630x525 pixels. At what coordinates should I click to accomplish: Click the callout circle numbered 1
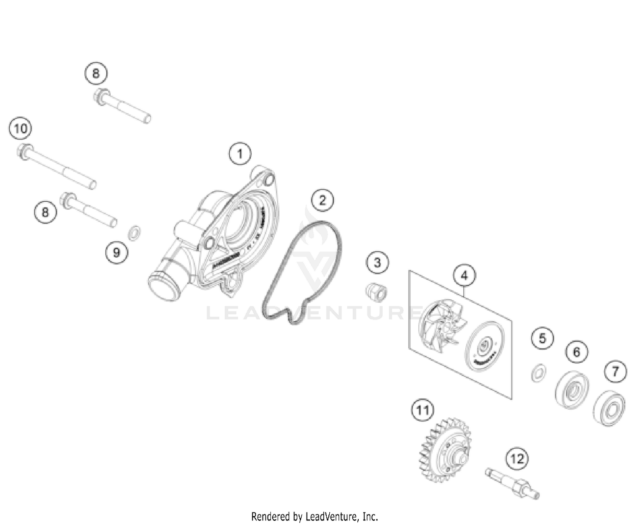click(x=240, y=154)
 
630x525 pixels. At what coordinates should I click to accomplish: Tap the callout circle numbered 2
click(x=322, y=200)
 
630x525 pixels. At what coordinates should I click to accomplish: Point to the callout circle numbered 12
click(x=517, y=459)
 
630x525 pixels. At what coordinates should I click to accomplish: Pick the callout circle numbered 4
click(x=464, y=275)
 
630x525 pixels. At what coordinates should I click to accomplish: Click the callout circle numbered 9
click(x=116, y=252)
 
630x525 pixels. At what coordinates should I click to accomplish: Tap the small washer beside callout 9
click(x=134, y=233)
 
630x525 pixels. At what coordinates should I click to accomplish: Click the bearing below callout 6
click(x=571, y=389)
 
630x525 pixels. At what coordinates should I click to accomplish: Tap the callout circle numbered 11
click(x=423, y=410)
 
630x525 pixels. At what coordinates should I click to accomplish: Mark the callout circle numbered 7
click(x=615, y=371)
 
